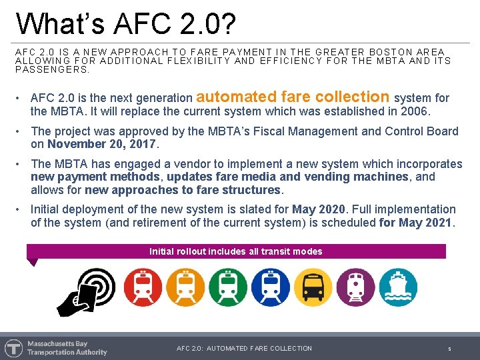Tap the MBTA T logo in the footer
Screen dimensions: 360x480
click(x=13, y=348)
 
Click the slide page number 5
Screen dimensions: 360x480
click(x=449, y=349)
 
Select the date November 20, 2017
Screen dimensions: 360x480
click(x=101, y=144)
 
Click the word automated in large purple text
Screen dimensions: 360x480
click(x=237, y=97)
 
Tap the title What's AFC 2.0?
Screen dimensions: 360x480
click(x=126, y=23)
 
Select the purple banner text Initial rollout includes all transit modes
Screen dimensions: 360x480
click(x=235, y=251)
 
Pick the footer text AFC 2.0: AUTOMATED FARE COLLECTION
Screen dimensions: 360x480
click(x=244, y=348)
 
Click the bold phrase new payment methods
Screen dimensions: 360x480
click(x=95, y=177)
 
